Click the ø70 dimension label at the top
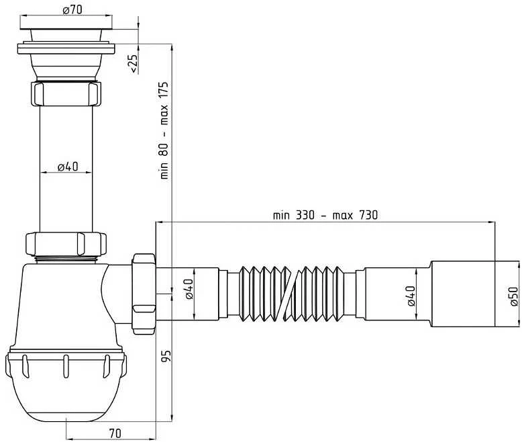[72, 9]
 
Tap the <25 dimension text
[133, 63]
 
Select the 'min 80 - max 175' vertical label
[164, 130]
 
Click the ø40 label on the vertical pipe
[68, 167]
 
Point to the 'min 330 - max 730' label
[325, 215]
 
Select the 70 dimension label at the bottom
[115, 433]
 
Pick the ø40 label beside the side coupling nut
[189, 289]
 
